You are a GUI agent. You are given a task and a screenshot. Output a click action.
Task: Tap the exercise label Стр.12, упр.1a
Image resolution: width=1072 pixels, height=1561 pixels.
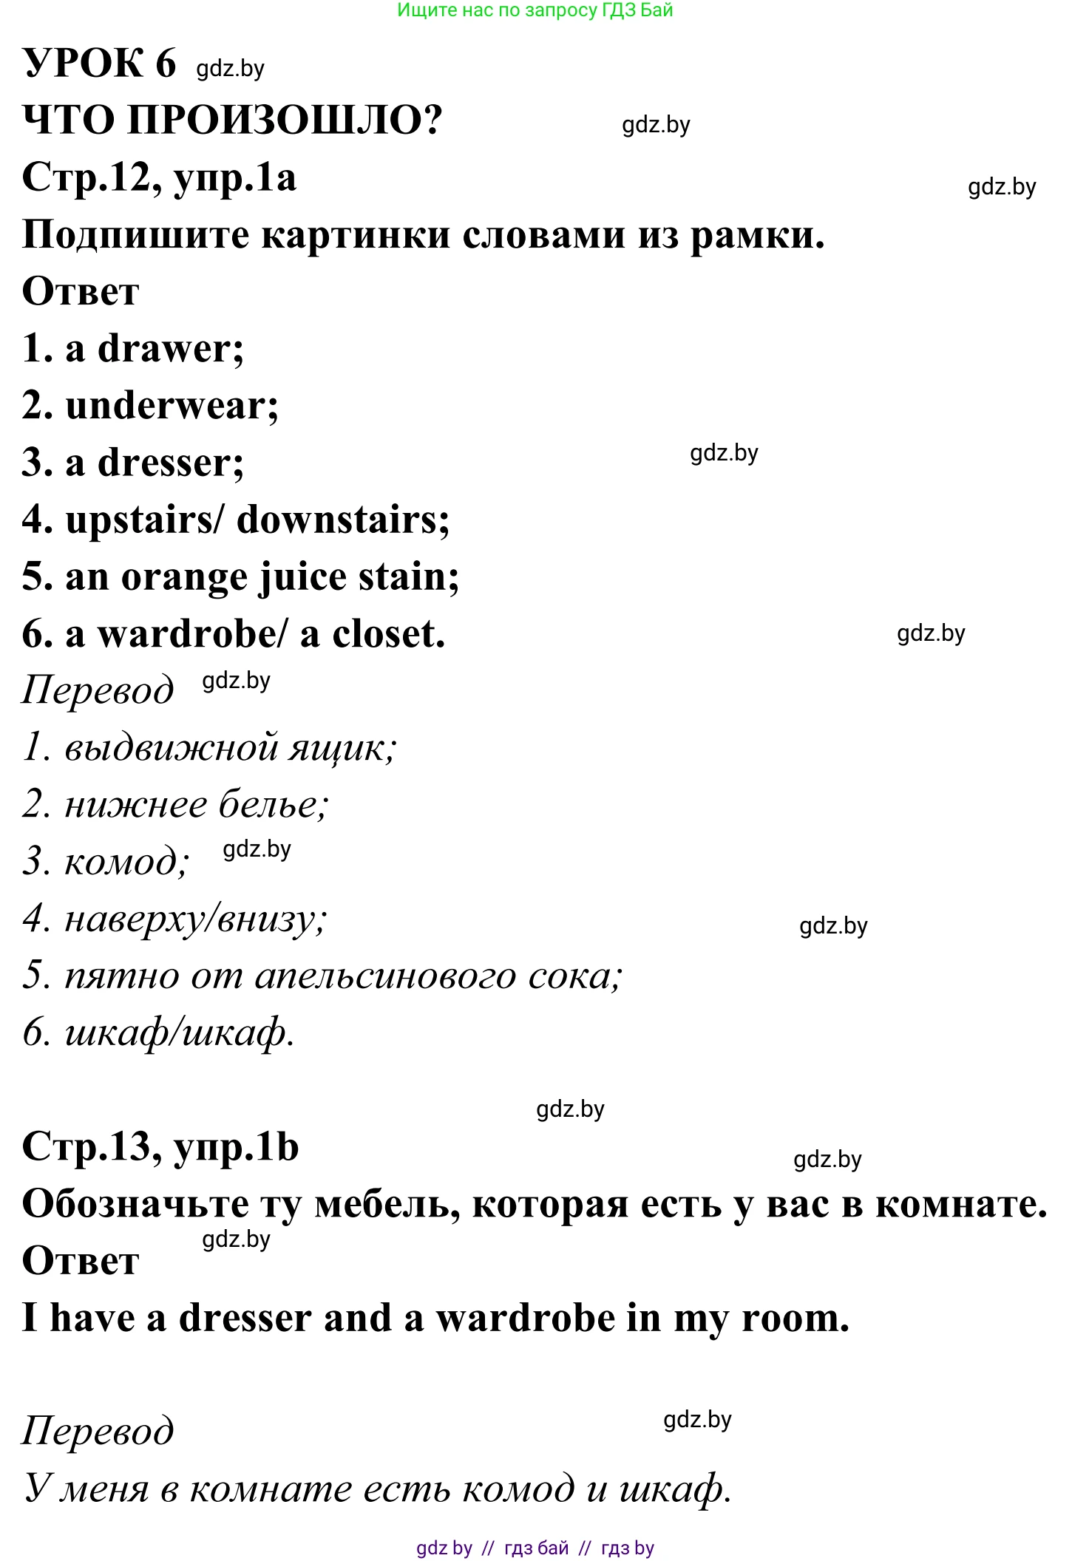(x=159, y=178)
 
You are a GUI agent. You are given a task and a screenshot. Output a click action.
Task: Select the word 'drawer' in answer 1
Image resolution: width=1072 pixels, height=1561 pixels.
(x=171, y=349)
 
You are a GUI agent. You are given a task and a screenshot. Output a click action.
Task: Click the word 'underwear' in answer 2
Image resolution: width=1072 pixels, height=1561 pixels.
(x=172, y=406)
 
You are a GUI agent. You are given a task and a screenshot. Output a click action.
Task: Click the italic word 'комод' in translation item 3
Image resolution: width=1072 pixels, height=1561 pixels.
(x=126, y=862)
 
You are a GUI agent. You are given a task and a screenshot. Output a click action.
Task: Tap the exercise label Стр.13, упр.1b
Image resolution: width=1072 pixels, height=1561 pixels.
(x=160, y=1147)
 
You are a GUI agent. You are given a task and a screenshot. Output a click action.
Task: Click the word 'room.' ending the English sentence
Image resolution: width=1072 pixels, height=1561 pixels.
(x=795, y=1318)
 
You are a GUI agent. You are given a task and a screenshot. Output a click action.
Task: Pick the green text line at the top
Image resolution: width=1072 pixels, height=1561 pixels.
(x=535, y=10)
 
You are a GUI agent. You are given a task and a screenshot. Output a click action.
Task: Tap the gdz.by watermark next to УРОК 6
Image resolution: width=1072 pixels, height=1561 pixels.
(x=230, y=68)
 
